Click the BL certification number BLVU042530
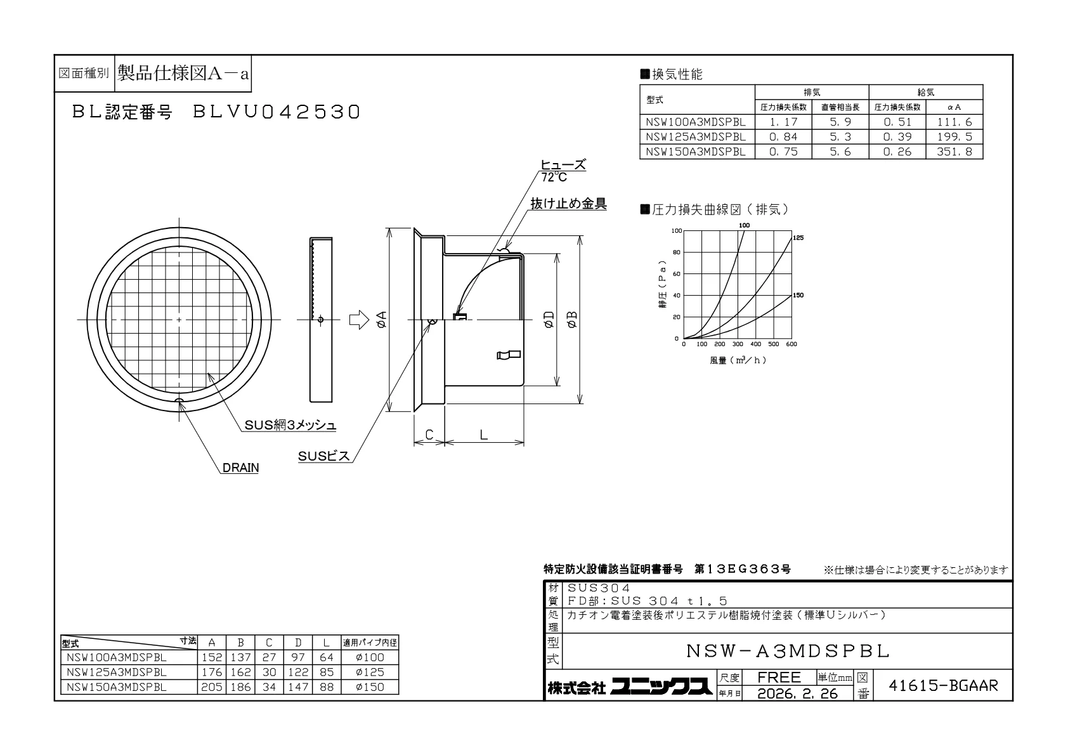coord(277,112)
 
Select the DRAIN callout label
coord(241,468)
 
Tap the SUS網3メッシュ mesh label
coord(290,425)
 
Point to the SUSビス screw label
coord(323,456)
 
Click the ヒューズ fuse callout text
coord(563,164)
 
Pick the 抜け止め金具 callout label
coord(568,204)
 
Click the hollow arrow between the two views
coord(359,320)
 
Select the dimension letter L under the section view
coord(483,435)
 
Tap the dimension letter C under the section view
coord(429,435)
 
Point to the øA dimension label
coord(381,320)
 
